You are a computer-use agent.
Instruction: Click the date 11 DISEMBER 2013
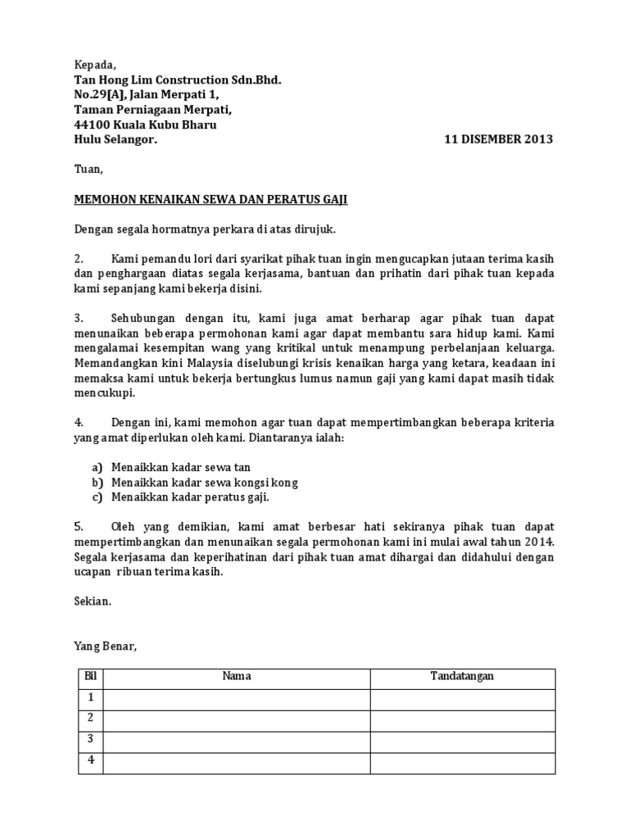coord(498,139)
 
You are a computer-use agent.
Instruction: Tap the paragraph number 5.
coord(79,526)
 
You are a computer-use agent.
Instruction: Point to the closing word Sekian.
coord(92,601)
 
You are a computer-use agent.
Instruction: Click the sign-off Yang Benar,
coord(106,646)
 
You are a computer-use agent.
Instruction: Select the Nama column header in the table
coord(237,677)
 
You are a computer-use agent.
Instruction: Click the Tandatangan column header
coord(462,677)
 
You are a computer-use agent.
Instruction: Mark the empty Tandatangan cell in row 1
coord(462,699)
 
